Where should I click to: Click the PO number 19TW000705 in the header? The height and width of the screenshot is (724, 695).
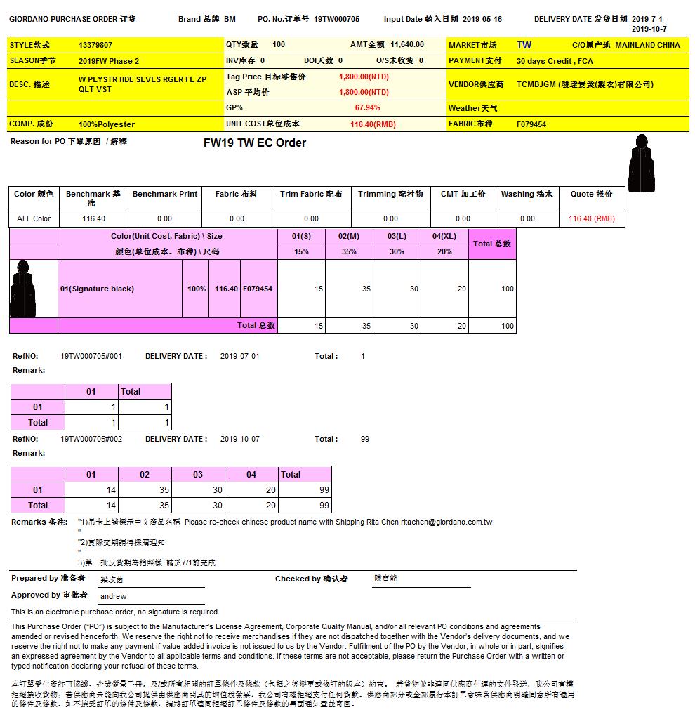(336, 20)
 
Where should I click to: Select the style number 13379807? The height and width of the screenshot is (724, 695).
(95, 45)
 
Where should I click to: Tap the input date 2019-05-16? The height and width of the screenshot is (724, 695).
(482, 20)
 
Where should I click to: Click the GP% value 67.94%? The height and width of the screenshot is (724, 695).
(367, 108)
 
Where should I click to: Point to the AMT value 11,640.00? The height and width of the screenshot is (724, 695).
(407, 45)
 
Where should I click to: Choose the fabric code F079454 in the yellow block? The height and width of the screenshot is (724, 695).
(531, 124)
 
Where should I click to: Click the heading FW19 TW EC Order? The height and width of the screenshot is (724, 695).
(255, 143)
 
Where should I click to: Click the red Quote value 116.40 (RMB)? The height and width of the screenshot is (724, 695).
(592, 218)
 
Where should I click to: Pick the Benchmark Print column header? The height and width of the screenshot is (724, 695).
(165, 194)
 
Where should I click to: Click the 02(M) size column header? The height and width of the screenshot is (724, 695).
(349, 237)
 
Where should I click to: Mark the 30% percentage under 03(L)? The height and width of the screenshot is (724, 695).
(397, 251)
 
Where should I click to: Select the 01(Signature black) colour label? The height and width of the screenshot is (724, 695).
(97, 289)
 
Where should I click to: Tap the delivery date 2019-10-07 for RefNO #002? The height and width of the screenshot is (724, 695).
(240, 439)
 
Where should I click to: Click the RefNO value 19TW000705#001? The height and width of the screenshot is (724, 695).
(91, 356)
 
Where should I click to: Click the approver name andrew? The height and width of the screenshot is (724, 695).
(114, 596)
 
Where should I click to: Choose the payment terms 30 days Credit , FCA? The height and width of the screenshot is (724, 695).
(555, 61)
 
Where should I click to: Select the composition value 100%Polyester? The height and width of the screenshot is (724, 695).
(107, 124)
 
